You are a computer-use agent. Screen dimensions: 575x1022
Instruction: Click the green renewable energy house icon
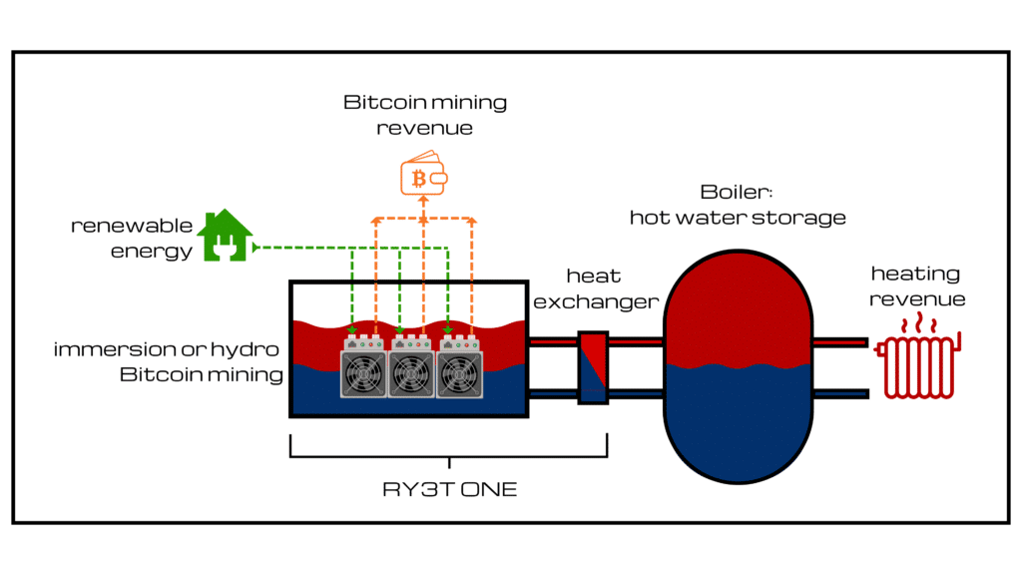(x=225, y=237)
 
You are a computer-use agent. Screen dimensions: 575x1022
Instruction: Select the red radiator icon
(x=916, y=367)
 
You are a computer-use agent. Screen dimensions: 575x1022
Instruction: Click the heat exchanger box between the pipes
(x=593, y=367)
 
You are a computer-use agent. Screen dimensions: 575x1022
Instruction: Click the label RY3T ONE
(x=449, y=490)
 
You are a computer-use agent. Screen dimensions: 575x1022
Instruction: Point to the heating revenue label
(x=916, y=286)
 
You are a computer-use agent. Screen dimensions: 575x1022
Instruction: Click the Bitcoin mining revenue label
(x=425, y=115)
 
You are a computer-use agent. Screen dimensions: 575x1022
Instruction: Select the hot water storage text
(x=737, y=218)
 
